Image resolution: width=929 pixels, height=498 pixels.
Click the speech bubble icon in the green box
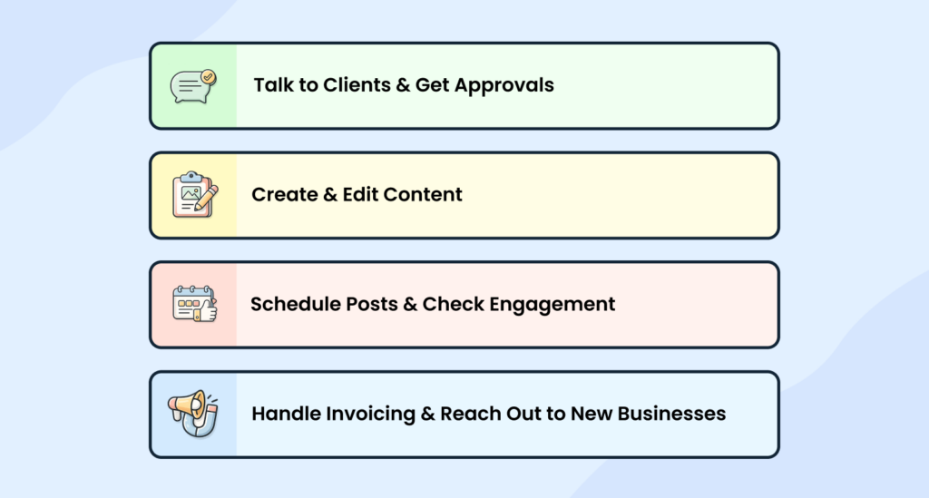(193, 85)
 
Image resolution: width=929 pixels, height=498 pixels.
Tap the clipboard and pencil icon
(194, 194)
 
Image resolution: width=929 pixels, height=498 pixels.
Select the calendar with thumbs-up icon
(194, 304)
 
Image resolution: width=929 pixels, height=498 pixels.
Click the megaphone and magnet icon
(193, 414)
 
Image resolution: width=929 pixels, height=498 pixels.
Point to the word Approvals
(504, 86)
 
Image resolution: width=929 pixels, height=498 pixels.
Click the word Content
(423, 194)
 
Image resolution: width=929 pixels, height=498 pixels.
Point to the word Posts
(370, 304)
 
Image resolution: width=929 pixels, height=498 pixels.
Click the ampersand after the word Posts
(410, 304)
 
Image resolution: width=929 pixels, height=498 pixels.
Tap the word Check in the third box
(455, 304)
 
